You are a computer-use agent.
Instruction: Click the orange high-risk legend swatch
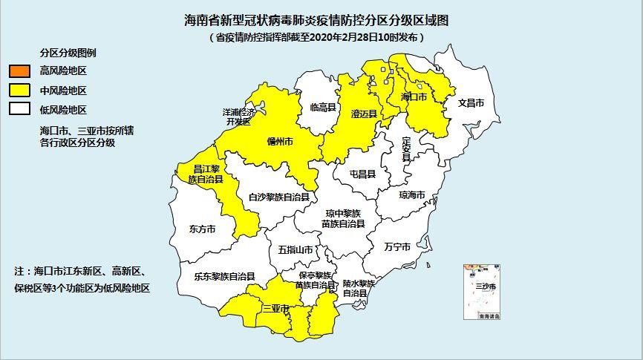[x=19, y=72]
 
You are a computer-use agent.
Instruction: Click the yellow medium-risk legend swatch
[x=19, y=91]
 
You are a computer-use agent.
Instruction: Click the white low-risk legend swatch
[x=19, y=110]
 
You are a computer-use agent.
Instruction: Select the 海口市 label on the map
[x=414, y=97]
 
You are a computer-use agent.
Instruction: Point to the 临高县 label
[x=324, y=107]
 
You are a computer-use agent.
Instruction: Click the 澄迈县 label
[x=363, y=114]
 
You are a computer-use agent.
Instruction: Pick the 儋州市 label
[x=280, y=140]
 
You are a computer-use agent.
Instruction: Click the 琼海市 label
[x=412, y=195]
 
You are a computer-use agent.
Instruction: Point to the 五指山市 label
[x=296, y=250]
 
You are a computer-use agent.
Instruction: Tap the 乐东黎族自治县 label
[x=225, y=276]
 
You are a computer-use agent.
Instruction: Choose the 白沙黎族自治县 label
[x=278, y=197]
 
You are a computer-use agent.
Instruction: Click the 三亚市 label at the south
[x=275, y=309]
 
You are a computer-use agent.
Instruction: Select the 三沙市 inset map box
[x=483, y=292]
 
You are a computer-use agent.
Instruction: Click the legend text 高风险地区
[x=63, y=72]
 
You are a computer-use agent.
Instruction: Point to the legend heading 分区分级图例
[x=68, y=53]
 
